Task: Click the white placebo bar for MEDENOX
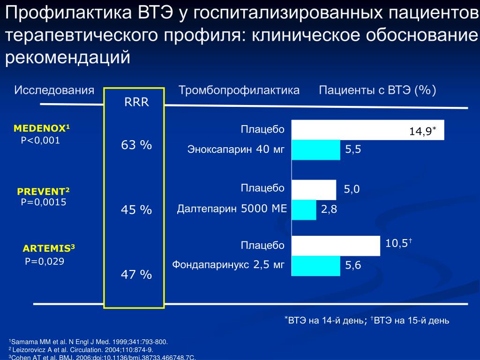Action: tap(367, 129)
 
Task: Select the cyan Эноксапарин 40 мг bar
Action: tap(315, 150)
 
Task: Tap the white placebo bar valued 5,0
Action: tap(314, 189)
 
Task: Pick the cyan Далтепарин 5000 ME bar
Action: tap(304, 210)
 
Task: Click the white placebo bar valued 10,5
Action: tap(336, 246)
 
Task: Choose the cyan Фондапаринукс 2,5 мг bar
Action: tap(315, 266)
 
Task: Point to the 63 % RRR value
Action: tap(136, 145)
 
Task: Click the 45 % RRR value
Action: tap(136, 210)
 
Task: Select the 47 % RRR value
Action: tap(136, 274)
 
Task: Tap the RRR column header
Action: tap(136, 103)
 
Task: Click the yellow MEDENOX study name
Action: tap(42, 128)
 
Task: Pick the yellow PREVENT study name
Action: tap(43, 191)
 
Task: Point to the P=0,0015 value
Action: tap(44, 202)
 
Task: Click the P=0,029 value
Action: tap(45, 261)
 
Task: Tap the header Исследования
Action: tap(54, 90)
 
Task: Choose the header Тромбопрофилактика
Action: tap(239, 90)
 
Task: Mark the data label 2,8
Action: tap(329, 210)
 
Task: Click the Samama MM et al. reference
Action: tap(89, 342)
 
